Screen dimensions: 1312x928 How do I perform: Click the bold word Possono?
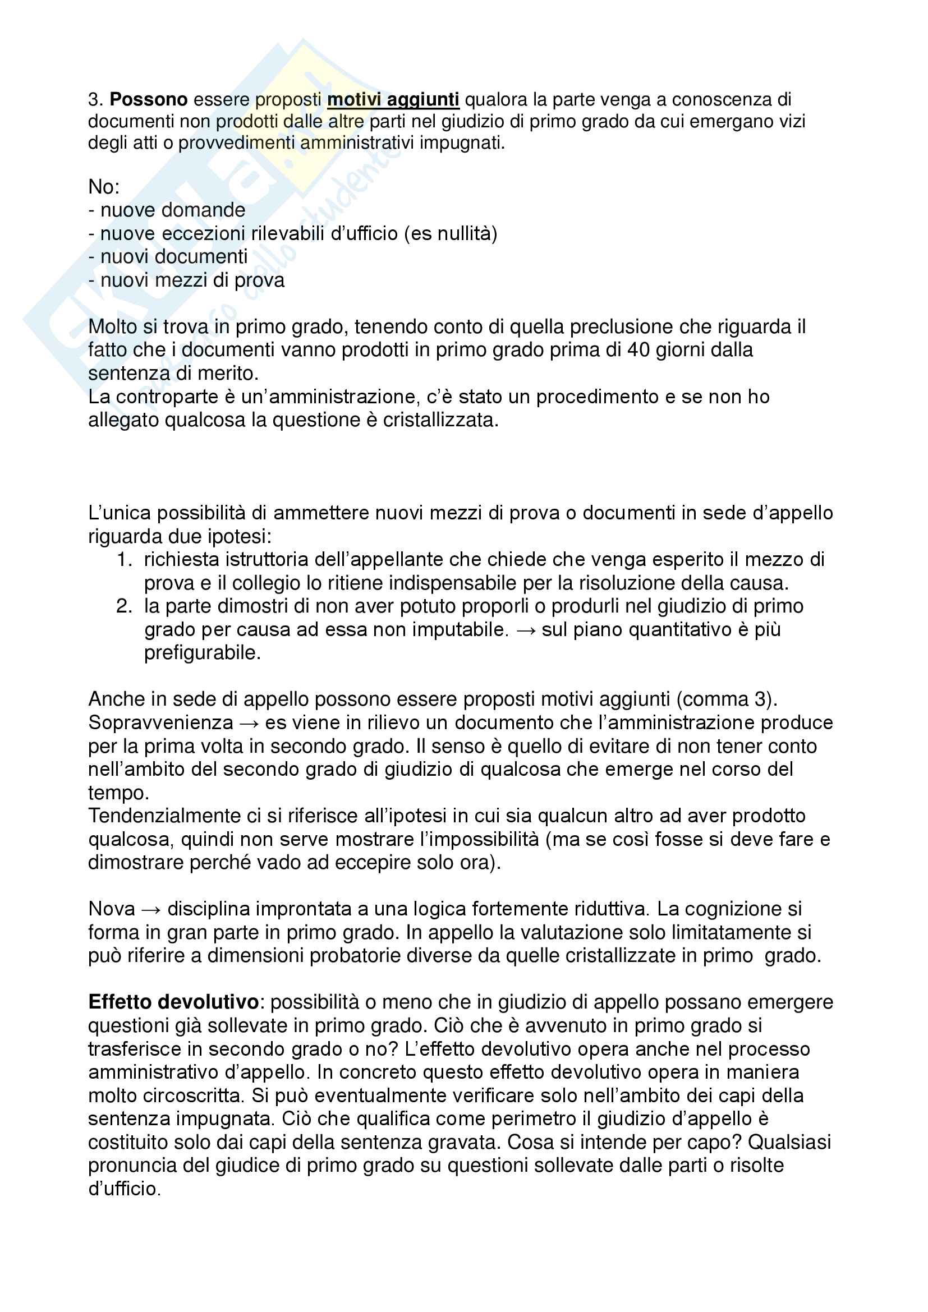pyautogui.click(x=149, y=100)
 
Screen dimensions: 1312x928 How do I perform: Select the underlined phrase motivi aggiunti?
pyautogui.click(x=393, y=100)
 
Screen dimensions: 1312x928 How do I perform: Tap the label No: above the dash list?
pyautogui.click(x=103, y=187)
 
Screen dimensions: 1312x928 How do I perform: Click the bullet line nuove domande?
pyautogui.click(x=167, y=210)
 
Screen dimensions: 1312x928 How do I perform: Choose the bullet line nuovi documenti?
pyautogui.click(x=168, y=256)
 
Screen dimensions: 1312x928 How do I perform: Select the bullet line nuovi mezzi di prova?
pyautogui.click(x=186, y=280)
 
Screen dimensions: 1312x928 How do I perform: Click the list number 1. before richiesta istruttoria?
pyautogui.click(x=125, y=559)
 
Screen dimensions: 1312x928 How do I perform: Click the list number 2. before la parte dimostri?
pyautogui.click(x=125, y=606)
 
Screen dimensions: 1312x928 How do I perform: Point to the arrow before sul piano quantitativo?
pyautogui.click(x=525, y=630)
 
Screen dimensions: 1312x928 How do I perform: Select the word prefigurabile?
pyautogui.click(x=203, y=652)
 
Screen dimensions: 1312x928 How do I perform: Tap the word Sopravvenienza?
pyautogui.click(x=160, y=723)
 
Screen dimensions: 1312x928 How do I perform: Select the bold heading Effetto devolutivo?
pyautogui.click(x=174, y=1002)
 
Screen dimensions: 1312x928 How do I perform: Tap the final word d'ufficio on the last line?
pyautogui.click(x=124, y=1189)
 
